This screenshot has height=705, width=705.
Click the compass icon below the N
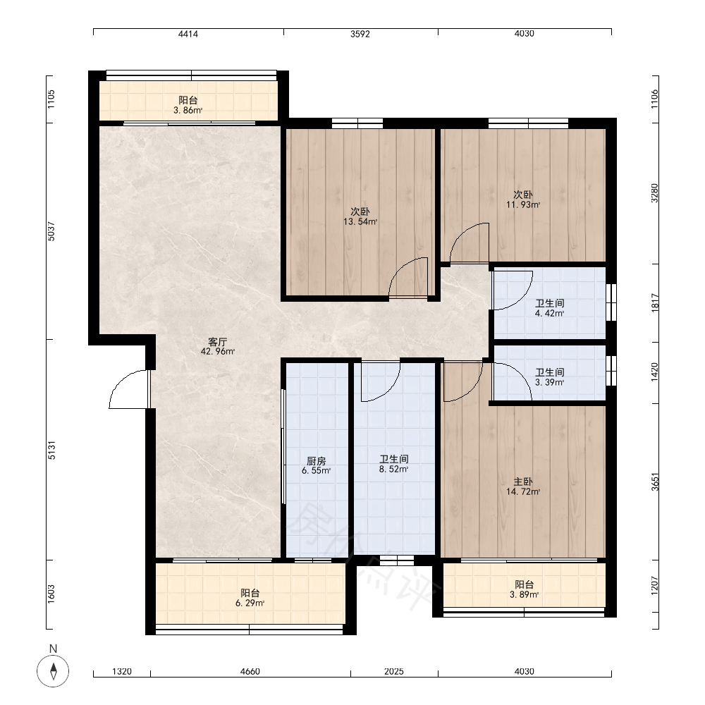coord(53,671)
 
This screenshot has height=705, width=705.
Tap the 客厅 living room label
coord(218,342)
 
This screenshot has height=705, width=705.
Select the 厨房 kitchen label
coord(316,461)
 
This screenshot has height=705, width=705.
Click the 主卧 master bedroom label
coord(523,482)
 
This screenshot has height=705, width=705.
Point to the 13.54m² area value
coord(360,221)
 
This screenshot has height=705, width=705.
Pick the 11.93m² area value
coord(523,204)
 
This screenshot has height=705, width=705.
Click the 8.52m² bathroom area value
coord(394,470)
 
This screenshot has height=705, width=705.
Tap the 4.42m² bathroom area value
coord(549,314)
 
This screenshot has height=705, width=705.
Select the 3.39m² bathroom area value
coord(549,383)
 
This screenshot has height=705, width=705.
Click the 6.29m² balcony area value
coord(250,603)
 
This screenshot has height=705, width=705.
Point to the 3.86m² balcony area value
coord(188,110)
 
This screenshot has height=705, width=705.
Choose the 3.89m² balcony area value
coord(525,594)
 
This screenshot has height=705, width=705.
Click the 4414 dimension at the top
coord(188,34)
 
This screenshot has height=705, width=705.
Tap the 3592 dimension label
coord(360,34)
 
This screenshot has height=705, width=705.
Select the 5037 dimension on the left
coord(51,231)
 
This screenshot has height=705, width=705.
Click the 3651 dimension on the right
coord(655,482)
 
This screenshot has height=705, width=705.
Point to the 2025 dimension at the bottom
coord(394,671)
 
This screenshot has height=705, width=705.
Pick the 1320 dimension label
coord(122,671)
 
